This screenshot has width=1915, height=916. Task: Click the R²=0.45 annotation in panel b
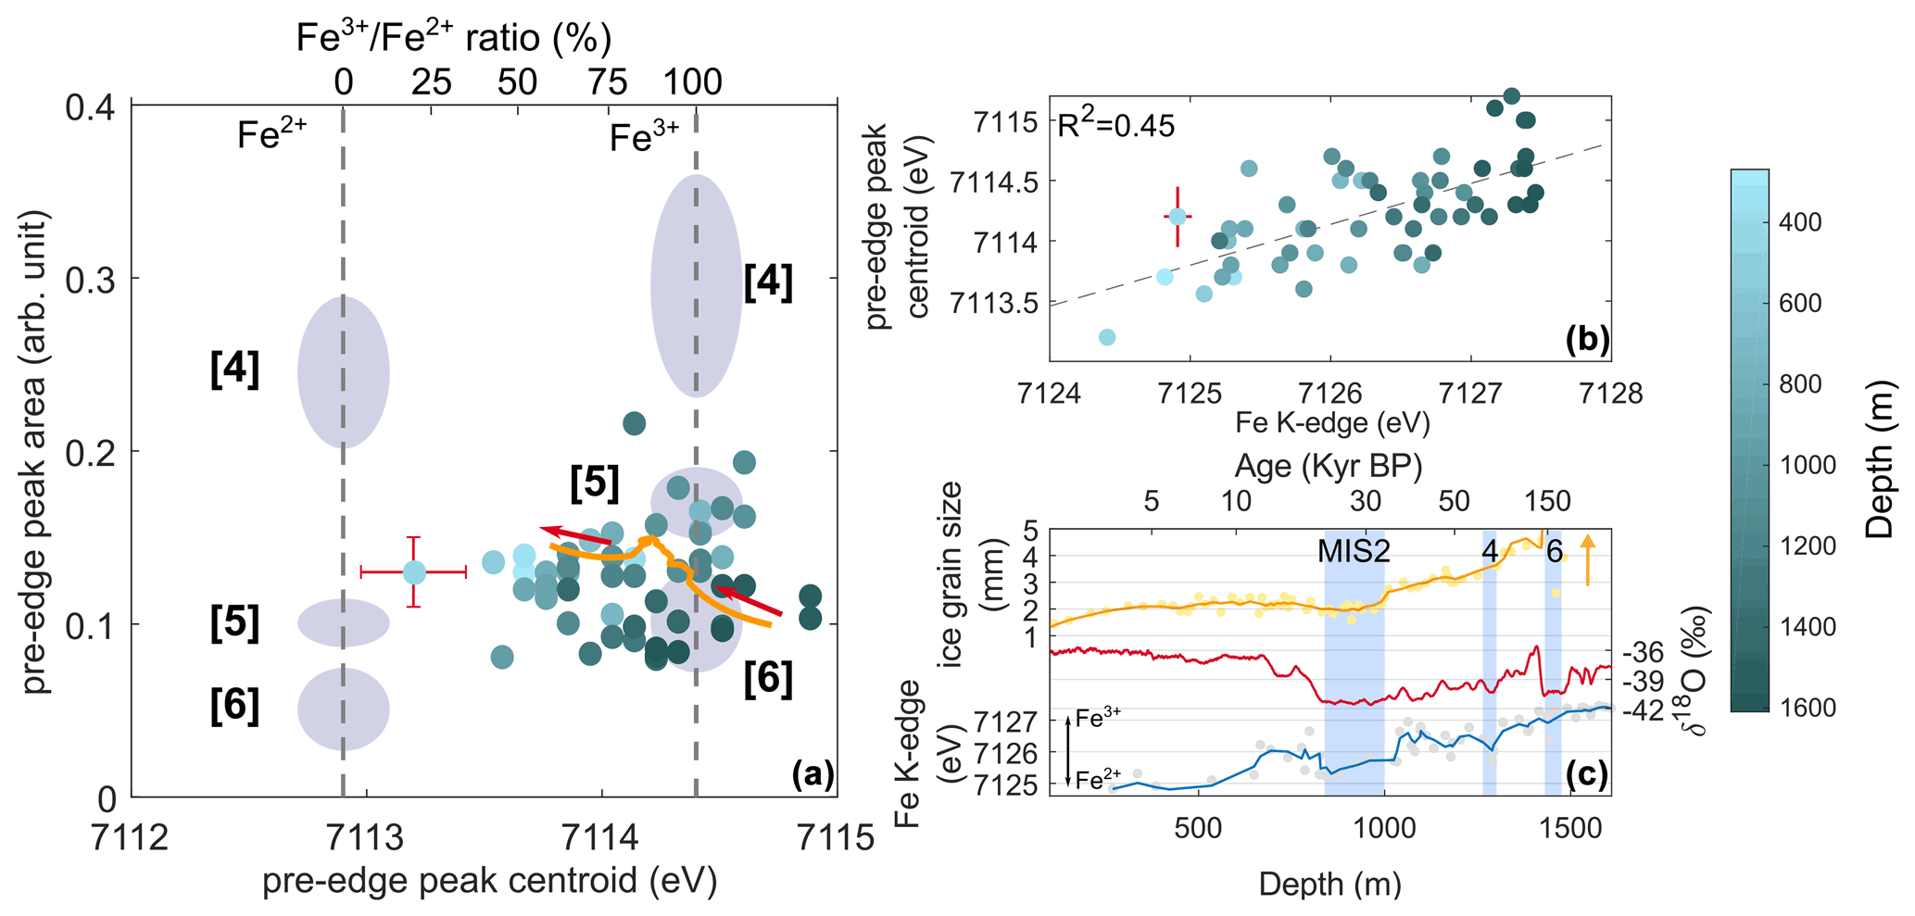pyautogui.click(x=1116, y=124)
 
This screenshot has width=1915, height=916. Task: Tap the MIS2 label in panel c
pyautogui.click(x=1354, y=551)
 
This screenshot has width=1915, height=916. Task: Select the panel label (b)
pyautogui.click(x=1587, y=340)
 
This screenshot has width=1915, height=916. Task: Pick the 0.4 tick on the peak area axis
pyautogui.click(x=91, y=107)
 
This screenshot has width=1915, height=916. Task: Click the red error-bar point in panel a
pyautogui.click(x=414, y=572)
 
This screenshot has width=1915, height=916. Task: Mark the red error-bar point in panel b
pyautogui.click(x=1178, y=217)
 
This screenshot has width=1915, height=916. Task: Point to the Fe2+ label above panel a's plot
pyautogui.click(x=271, y=136)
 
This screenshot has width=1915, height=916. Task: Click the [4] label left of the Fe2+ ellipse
pyautogui.click(x=234, y=370)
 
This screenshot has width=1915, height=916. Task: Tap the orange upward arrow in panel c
pyautogui.click(x=1588, y=560)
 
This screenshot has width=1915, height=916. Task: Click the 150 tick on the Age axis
pyautogui.click(x=1547, y=502)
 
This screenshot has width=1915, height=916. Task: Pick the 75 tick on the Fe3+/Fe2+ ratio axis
pyautogui.click(x=607, y=83)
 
